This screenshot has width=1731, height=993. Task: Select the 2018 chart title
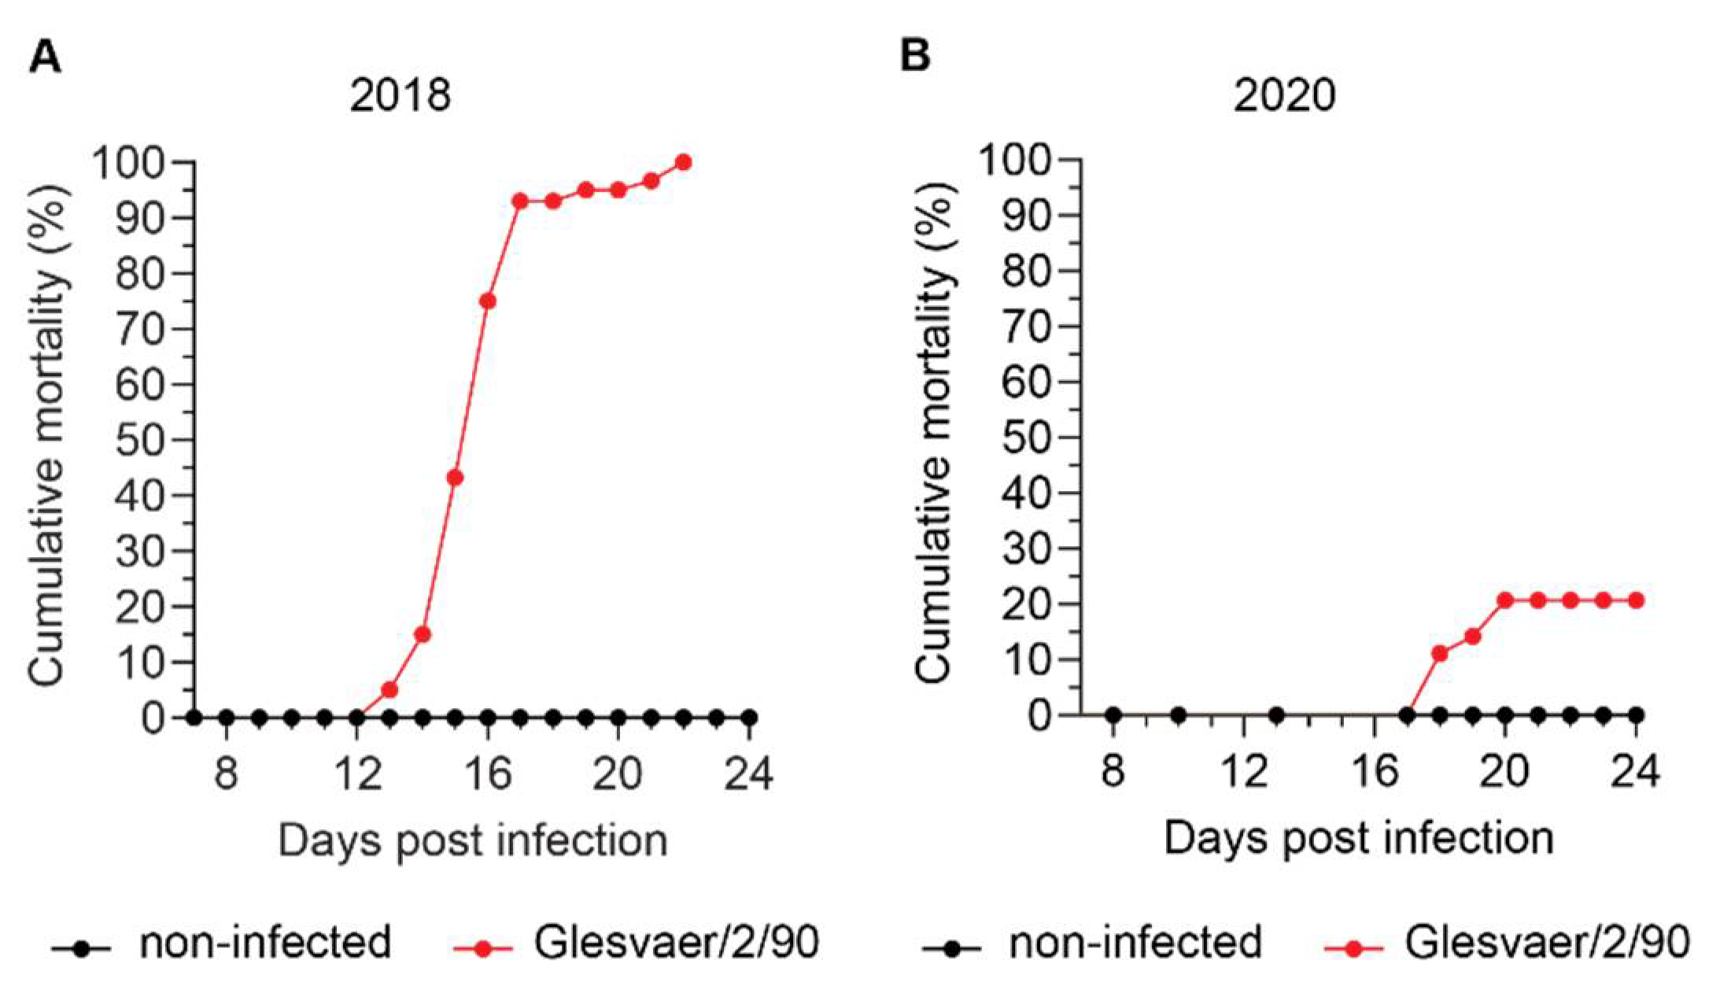[x=400, y=96]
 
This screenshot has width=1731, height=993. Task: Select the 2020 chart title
[x=1284, y=96]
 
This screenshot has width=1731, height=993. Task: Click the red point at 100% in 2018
[x=684, y=162]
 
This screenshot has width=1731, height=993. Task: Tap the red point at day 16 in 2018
[x=488, y=301]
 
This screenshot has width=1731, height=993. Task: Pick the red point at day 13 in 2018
[x=389, y=690]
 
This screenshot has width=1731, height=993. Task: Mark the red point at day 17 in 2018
[x=520, y=201]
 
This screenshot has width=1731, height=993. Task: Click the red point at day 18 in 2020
[x=1440, y=653]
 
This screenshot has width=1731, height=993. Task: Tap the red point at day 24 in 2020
[x=1636, y=600]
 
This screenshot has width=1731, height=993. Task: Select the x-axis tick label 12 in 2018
[x=356, y=773]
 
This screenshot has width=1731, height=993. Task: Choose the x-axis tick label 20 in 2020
[x=1504, y=771]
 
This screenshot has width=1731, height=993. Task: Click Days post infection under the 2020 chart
[x=1359, y=838]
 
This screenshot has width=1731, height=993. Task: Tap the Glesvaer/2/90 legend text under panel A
[x=677, y=942]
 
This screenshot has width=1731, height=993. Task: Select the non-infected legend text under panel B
[x=1135, y=942]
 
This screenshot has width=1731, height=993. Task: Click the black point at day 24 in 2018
[x=749, y=718]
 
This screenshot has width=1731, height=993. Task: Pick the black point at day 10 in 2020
[x=1178, y=715]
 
